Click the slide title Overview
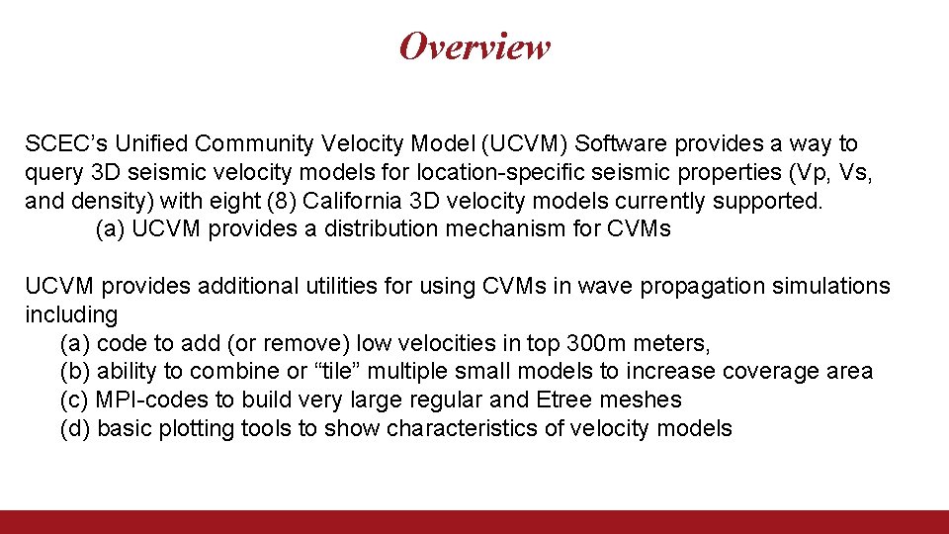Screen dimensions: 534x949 tap(474, 46)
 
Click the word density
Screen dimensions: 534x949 tap(102, 202)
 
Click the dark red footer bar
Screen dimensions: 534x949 tap(474, 521)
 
